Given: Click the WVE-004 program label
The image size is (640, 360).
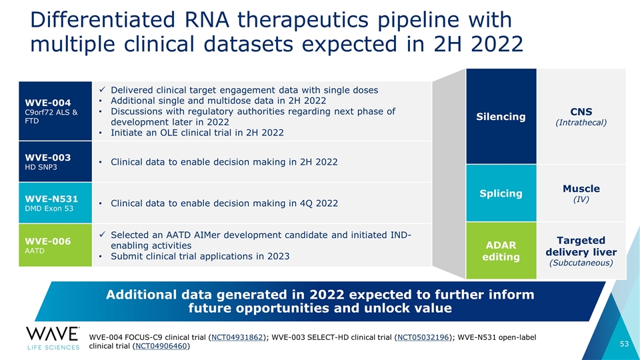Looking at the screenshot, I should (x=47, y=103).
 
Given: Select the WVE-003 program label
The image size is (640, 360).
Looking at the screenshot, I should (x=47, y=157).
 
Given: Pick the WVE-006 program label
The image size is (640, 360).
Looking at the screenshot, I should (x=47, y=241).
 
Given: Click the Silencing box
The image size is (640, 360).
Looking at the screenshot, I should (x=501, y=117).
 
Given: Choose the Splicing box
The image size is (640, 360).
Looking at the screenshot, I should (x=501, y=193).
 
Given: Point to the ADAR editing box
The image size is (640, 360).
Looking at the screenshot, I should (x=501, y=251).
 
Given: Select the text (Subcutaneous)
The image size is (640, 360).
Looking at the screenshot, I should (x=581, y=263).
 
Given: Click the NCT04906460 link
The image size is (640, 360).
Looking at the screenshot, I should (x=160, y=346).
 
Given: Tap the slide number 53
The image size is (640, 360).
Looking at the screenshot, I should (x=623, y=344).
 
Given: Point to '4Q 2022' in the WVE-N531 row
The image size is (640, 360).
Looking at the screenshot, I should (x=317, y=203).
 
